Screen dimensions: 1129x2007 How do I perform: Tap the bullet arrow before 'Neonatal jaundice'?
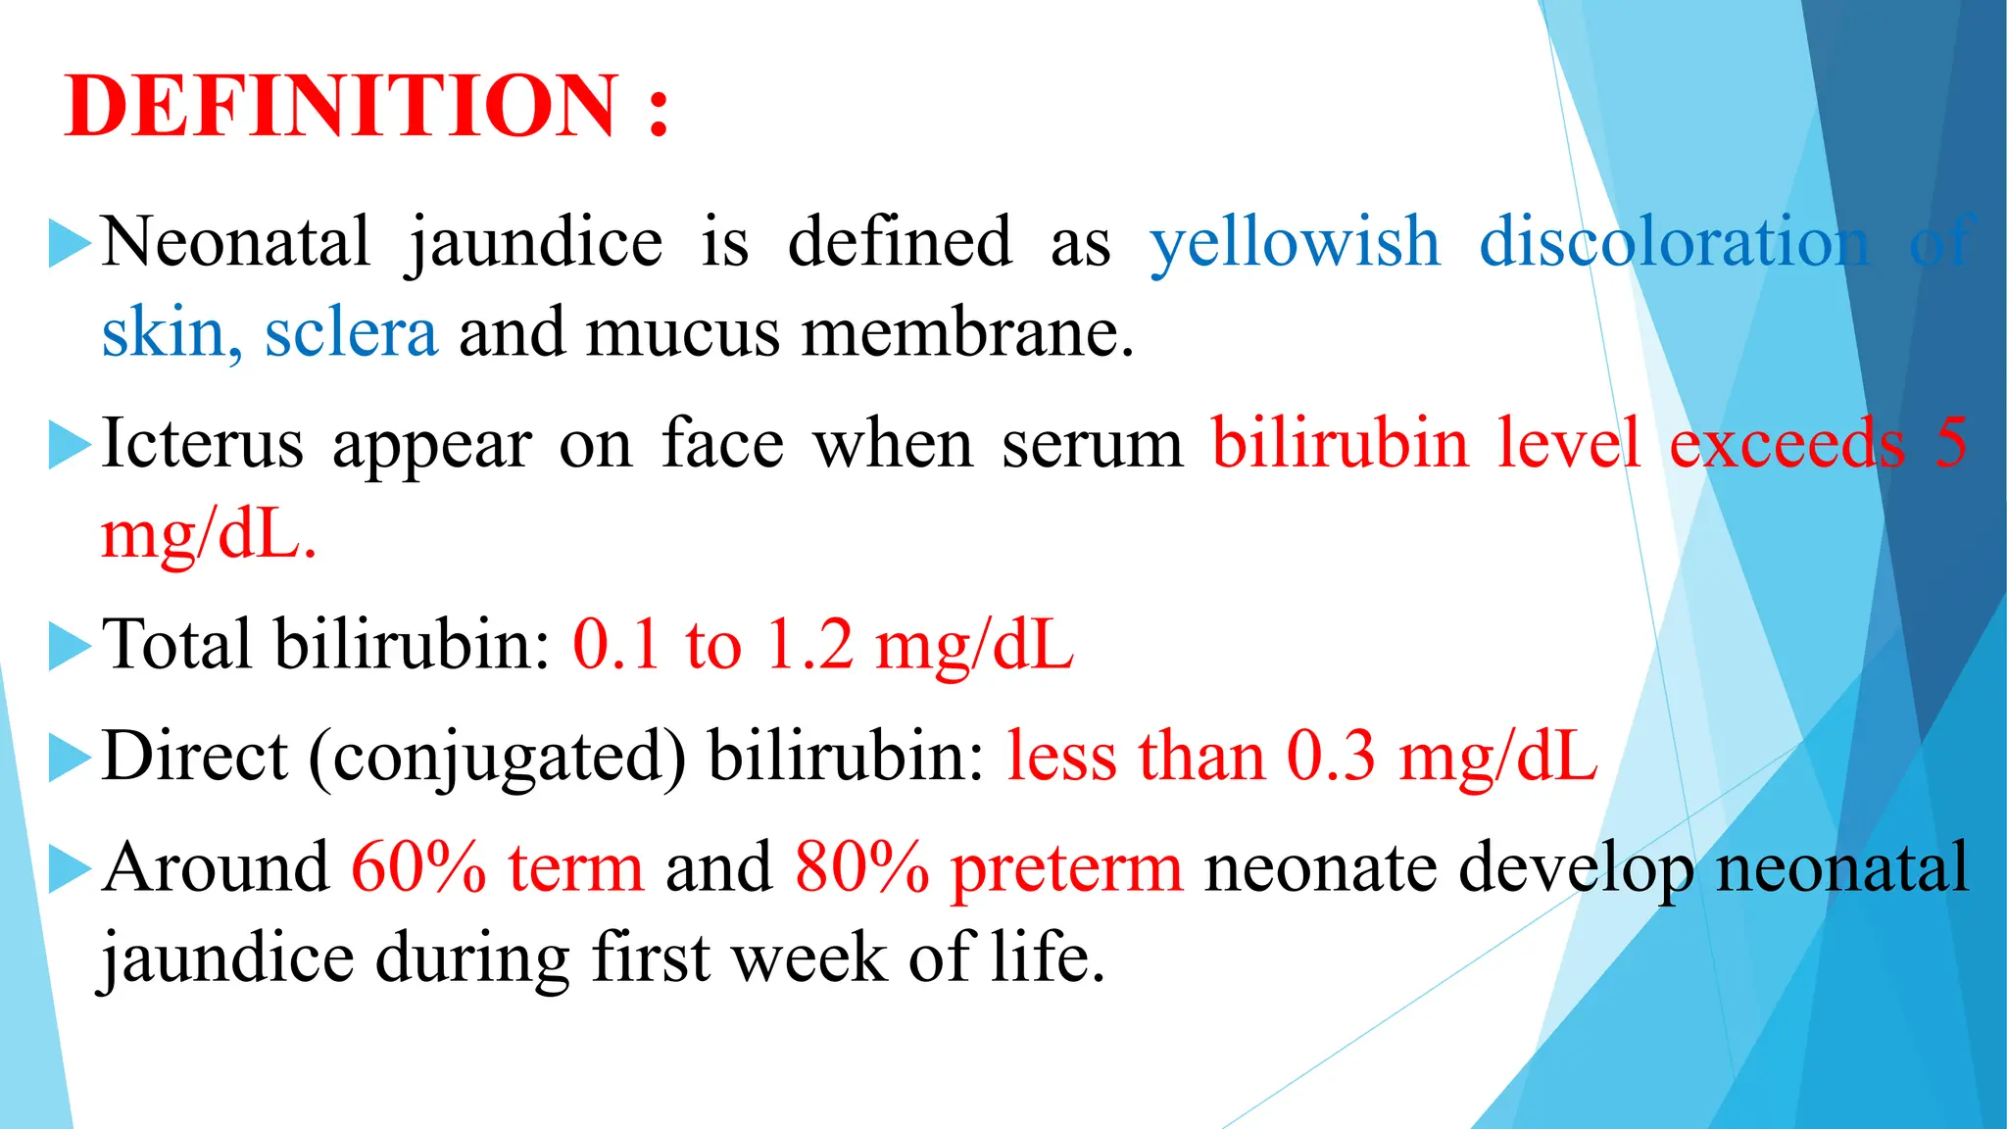[69, 243]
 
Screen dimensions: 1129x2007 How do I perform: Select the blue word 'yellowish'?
[1295, 242]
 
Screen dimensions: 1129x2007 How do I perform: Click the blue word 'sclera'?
[351, 333]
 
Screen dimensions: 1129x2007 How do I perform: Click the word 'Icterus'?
[202, 444]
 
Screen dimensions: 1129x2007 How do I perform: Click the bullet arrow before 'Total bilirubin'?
[69, 647]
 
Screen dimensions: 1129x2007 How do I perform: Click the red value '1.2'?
[808, 646]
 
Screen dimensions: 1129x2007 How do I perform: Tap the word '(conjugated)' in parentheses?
[498, 758]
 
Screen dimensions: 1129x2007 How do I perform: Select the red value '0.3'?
[1331, 758]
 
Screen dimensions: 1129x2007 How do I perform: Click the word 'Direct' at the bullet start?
[195, 757]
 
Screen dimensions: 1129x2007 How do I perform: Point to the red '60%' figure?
[418, 868]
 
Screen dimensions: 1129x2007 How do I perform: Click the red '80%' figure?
[861, 868]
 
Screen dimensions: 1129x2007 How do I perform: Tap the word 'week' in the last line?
[809, 958]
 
